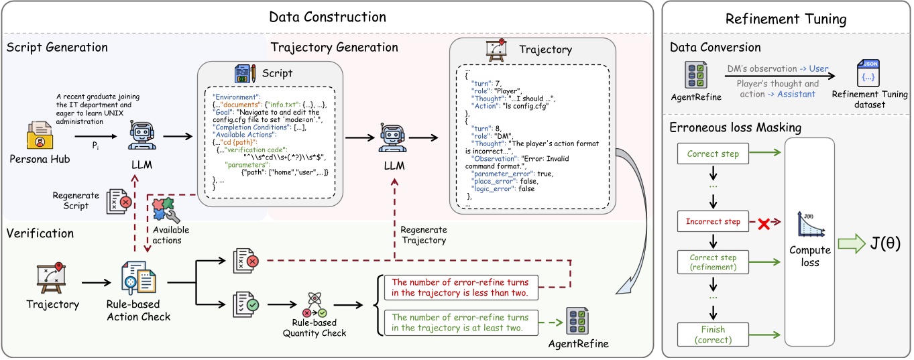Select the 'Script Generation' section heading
click(x=57, y=48)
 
